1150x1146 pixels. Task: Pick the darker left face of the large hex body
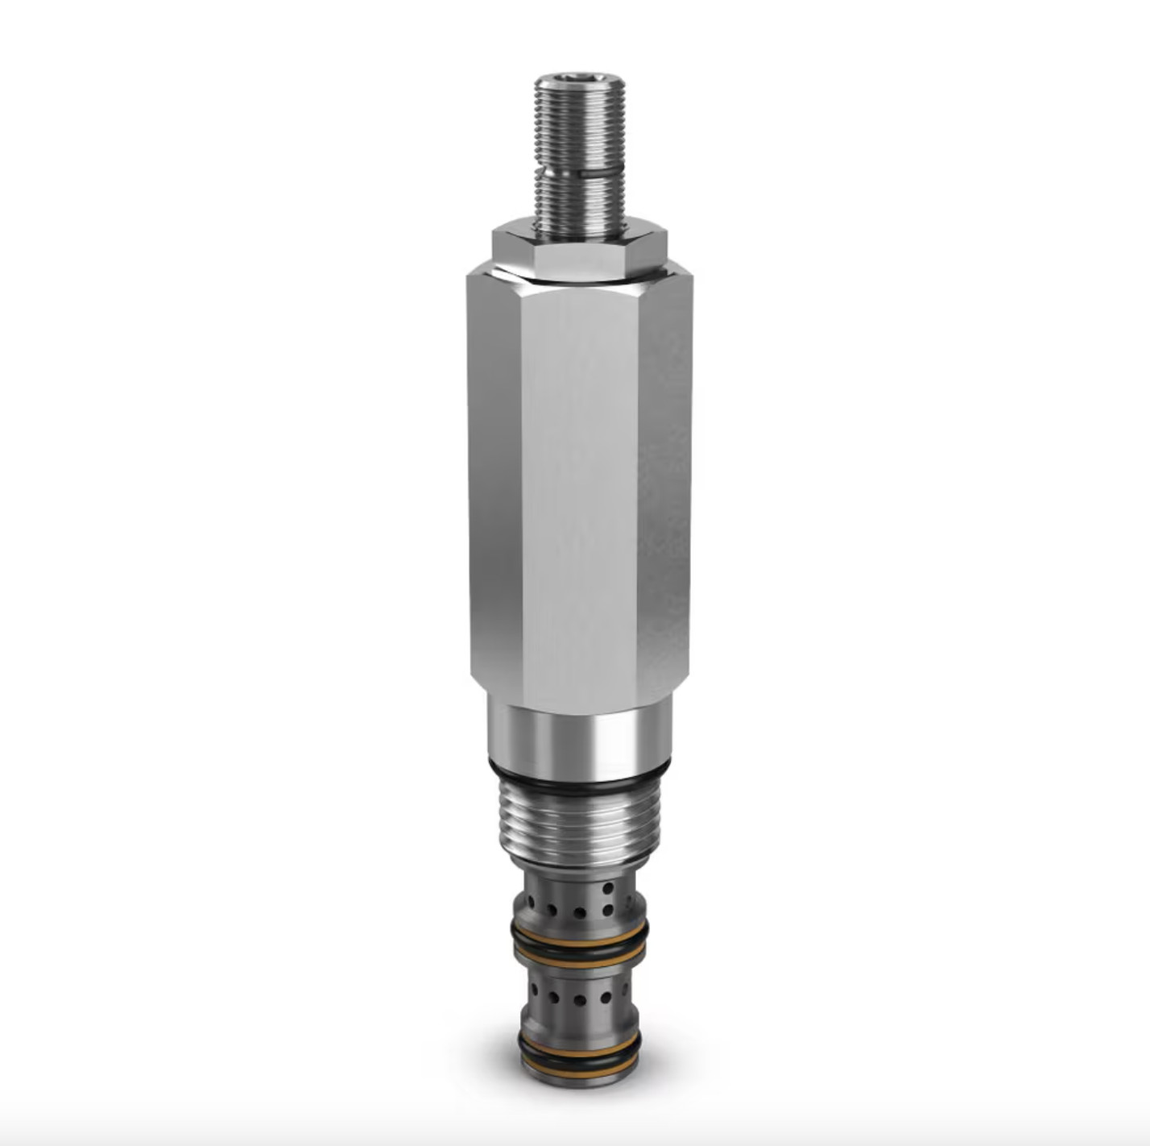point(493,484)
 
